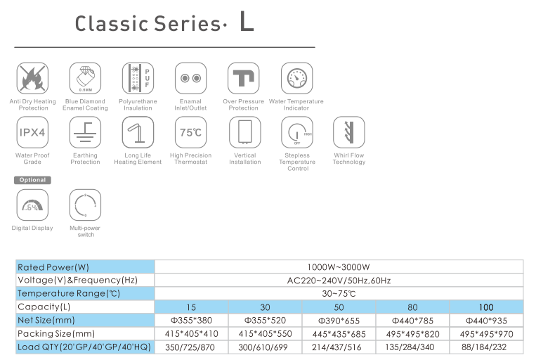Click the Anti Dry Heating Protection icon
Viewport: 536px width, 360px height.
[x=32, y=78]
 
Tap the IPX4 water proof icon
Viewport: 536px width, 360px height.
[x=32, y=132]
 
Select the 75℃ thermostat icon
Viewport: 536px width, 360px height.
[x=190, y=132]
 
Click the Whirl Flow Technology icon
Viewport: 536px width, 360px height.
[x=349, y=132]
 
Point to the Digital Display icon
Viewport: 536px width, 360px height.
[x=32, y=205]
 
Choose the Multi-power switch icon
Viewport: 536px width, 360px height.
[x=85, y=205]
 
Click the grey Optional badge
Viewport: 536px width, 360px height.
[x=32, y=180]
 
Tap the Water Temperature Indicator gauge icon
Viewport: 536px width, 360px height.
[x=296, y=78]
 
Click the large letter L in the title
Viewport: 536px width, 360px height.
[x=246, y=22]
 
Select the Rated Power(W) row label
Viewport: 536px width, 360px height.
[x=53, y=267]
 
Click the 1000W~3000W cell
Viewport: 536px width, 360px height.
[x=338, y=267]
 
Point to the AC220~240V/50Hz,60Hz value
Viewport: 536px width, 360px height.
[x=338, y=281]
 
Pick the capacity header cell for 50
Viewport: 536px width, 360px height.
[x=338, y=307]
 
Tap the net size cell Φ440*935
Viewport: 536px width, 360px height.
[x=486, y=320]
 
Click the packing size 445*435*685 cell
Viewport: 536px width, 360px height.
[x=338, y=333]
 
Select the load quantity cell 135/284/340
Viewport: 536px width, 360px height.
[x=412, y=347]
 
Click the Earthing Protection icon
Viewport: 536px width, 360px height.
[x=85, y=132]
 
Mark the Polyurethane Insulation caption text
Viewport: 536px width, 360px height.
[x=138, y=105]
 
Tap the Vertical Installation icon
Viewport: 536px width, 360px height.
[x=244, y=132]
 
